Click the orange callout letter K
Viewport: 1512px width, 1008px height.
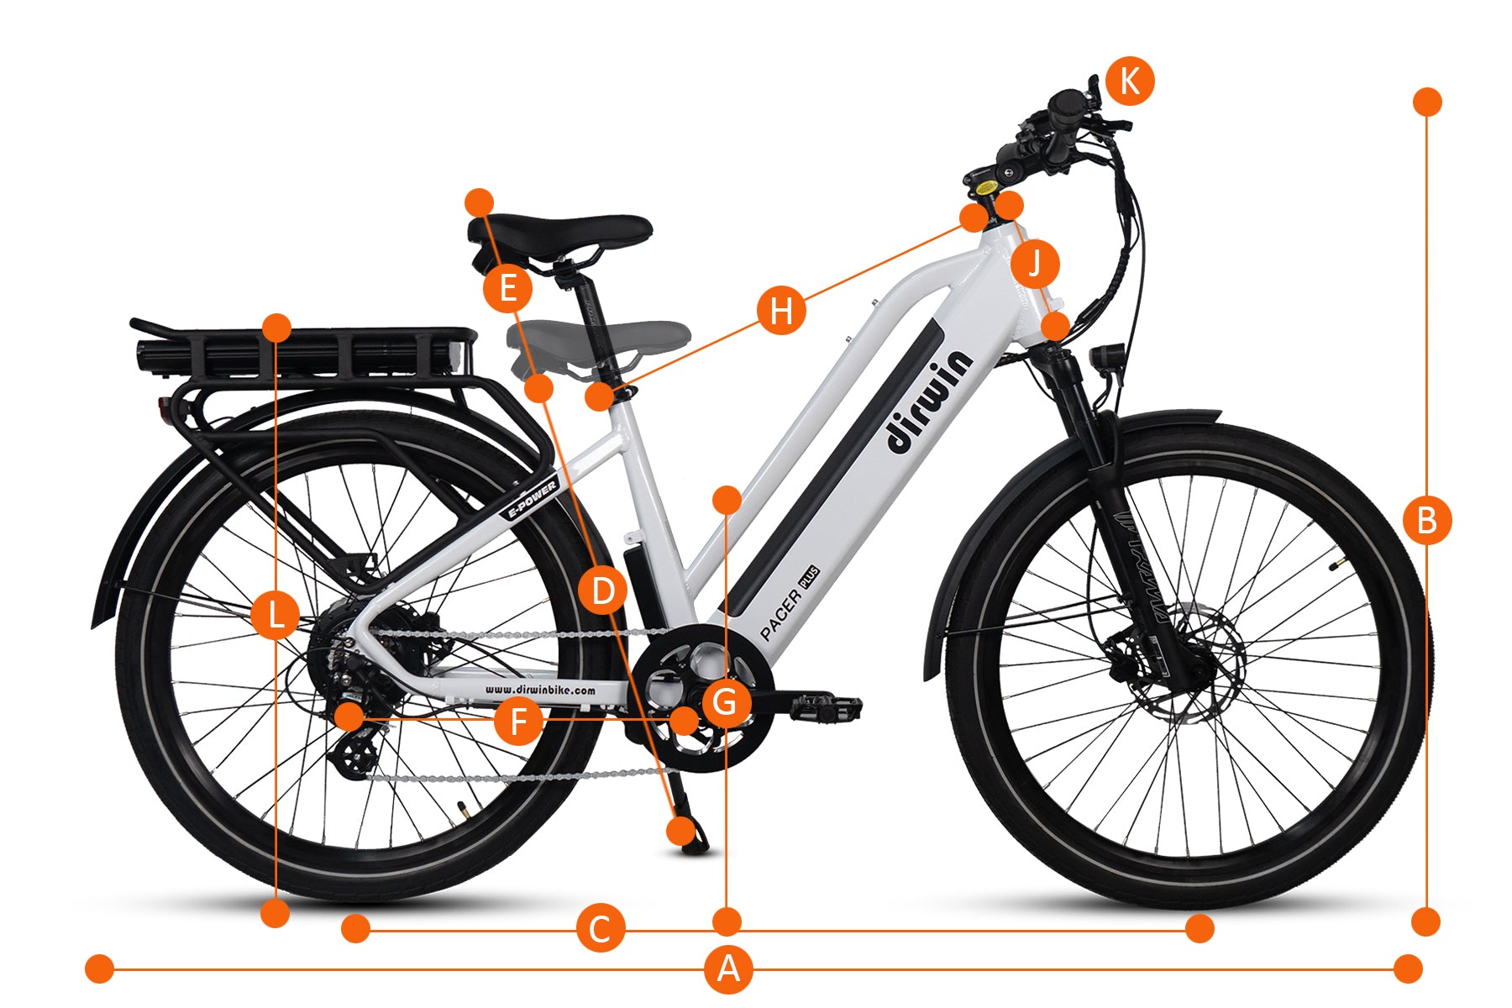click(x=1130, y=81)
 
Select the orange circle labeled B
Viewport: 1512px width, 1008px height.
click(x=1427, y=521)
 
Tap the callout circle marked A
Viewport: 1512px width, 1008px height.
click(x=728, y=969)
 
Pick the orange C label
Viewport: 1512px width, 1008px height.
click(x=601, y=929)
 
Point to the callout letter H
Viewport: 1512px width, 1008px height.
click(x=781, y=310)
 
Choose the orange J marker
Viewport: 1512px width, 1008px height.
click(x=1035, y=264)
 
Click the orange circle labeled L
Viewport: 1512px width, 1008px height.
click(x=276, y=615)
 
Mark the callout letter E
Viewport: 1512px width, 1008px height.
click(x=508, y=289)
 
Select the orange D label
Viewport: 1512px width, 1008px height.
click(x=603, y=591)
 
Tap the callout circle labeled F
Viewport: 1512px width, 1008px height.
click(x=518, y=721)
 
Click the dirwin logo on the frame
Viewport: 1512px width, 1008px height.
click(x=929, y=402)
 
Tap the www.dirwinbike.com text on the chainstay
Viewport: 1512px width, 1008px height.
click(x=540, y=690)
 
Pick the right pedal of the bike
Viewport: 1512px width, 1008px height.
click(x=825, y=707)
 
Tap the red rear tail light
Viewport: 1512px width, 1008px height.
click(x=162, y=409)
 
